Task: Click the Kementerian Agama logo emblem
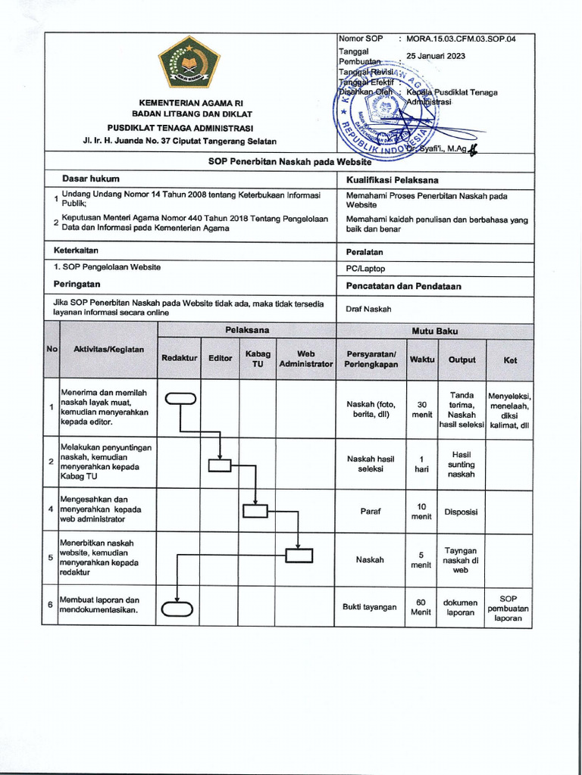pyautogui.click(x=189, y=63)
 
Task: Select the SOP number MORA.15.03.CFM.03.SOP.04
pyautogui.click(x=461, y=39)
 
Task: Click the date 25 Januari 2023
pyautogui.click(x=436, y=56)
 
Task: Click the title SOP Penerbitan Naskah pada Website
pyautogui.click(x=290, y=161)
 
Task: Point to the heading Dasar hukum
pyautogui.click(x=91, y=179)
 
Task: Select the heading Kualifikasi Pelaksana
pyautogui.click(x=393, y=180)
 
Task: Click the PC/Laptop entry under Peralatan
pyautogui.click(x=366, y=268)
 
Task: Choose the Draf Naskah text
pyautogui.click(x=369, y=309)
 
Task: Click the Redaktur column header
pyautogui.click(x=179, y=358)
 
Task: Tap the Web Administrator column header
pyautogui.click(x=305, y=358)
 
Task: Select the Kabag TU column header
pyautogui.click(x=258, y=358)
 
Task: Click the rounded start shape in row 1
pyautogui.click(x=180, y=400)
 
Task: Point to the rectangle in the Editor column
pyautogui.click(x=220, y=466)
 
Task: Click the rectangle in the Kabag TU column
pyautogui.click(x=255, y=512)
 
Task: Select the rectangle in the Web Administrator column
pyautogui.click(x=299, y=556)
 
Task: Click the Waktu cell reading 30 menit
pyautogui.click(x=421, y=409)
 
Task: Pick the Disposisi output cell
pyautogui.click(x=461, y=512)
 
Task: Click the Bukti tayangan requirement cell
pyautogui.click(x=369, y=607)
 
